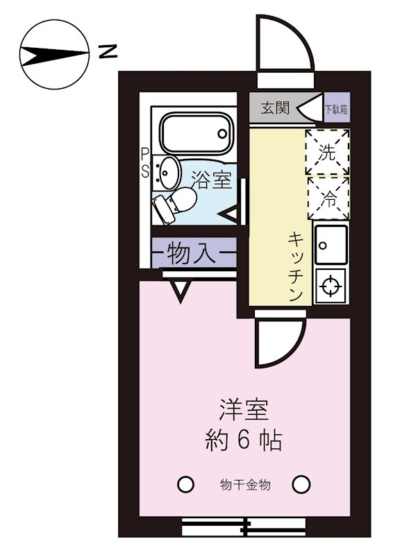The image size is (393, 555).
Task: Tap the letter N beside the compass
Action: (x=108, y=51)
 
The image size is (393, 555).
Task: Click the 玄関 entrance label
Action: (x=275, y=109)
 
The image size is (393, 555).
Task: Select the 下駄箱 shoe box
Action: (x=337, y=109)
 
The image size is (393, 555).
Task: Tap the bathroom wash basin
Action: (x=168, y=170)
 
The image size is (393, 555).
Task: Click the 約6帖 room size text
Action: (x=243, y=441)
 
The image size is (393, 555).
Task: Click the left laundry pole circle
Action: (x=185, y=484)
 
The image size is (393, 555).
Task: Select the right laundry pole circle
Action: (x=301, y=484)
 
